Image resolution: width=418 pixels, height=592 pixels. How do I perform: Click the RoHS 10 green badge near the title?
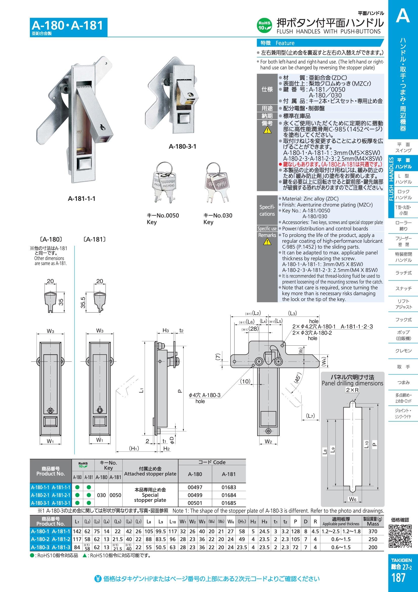[x=264, y=26]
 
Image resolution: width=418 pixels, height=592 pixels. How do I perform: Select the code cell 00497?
[x=195, y=487]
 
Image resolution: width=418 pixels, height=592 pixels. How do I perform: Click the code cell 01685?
[x=229, y=503]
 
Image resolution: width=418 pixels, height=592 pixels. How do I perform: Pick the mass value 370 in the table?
[x=373, y=531]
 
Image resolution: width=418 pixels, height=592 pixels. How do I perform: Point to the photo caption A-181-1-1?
[x=82, y=199]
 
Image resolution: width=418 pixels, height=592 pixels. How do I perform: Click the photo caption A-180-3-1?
[x=183, y=147]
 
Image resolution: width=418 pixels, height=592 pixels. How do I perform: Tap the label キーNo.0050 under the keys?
[x=163, y=215]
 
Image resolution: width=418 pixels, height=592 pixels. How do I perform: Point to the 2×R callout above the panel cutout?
[x=352, y=390]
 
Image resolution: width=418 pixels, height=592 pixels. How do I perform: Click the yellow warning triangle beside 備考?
[x=267, y=130]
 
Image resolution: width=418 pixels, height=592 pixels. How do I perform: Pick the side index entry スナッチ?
[x=404, y=289]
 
